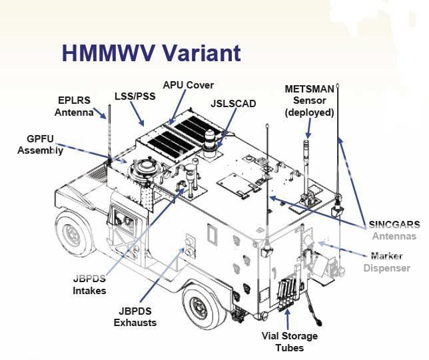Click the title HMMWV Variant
point(151,53)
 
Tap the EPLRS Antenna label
point(75,106)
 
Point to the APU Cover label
point(188,85)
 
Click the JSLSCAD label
point(232,104)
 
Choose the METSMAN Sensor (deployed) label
point(309,100)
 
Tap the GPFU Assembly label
point(41,144)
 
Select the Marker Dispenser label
point(387,262)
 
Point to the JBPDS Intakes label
point(90,284)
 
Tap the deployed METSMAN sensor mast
point(307,166)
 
